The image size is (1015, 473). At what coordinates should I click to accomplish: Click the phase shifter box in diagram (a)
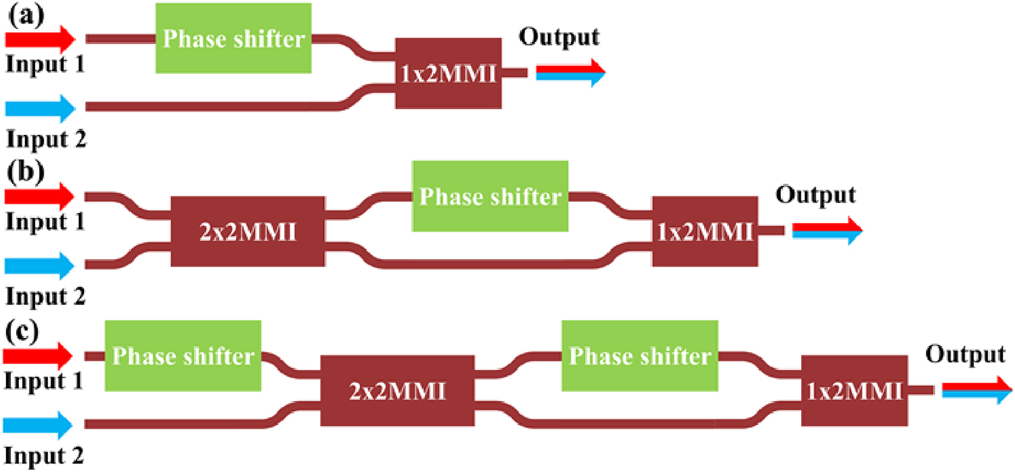pyautogui.click(x=233, y=38)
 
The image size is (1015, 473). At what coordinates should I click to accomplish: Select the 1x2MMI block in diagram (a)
pyautogui.click(x=449, y=73)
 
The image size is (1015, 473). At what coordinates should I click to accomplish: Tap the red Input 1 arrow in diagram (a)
pyautogui.click(x=40, y=37)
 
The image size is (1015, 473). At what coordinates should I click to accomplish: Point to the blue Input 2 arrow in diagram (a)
pyautogui.click(x=40, y=107)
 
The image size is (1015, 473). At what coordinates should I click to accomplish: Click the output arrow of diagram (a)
pyautogui.click(x=570, y=73)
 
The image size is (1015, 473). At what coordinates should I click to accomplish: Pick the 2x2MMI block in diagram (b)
pyautogui.click(x=247, y=232)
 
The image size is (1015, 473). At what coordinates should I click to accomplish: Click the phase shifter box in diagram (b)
pyautogui.click(x=490, y=196)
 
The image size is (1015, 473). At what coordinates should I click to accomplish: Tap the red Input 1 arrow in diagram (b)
pyautogui.click(x=40, y=196)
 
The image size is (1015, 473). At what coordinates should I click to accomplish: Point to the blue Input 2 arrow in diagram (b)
pyautogui.click(x=40, y=266)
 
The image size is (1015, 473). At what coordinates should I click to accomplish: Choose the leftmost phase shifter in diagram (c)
pyautogui.click(x=183, y=356)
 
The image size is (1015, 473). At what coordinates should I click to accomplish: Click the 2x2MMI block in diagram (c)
pyautogui.click(x=397, y=390)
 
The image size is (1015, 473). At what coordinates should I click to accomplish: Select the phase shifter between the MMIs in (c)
pyautogui.click(x=640, y=356)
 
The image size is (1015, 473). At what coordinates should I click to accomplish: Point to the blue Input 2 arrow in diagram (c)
pyautogui.click(x=40, y=424)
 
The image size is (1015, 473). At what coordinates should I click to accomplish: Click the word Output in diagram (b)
pyautogui.click(x=816, y=195)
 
